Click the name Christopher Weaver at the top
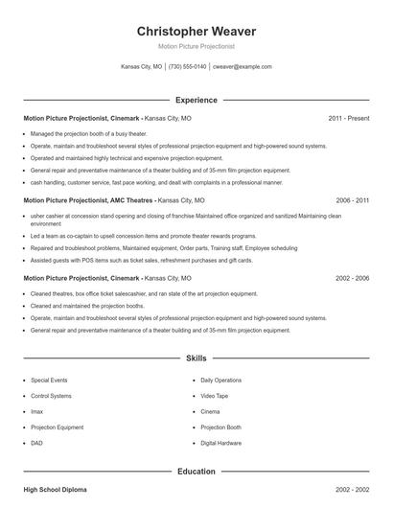[196, 31]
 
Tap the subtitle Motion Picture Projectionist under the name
[196, 46]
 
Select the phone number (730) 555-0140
[187, 67]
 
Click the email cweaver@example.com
[242, 67]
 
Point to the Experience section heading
[196, 100]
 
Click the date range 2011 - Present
[348, 118]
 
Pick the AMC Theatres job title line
[113, 201]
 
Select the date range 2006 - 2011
[352, 201]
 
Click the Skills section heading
[196, 358]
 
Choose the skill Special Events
[49, 380]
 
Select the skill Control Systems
[51, 395]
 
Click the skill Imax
[37, 411]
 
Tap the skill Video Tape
[215, 395]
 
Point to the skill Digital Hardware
[221, 443]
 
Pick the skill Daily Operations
[220, 380]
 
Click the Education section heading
[196, 472]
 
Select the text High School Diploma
[55, 490]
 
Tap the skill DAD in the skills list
[37, 443]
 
